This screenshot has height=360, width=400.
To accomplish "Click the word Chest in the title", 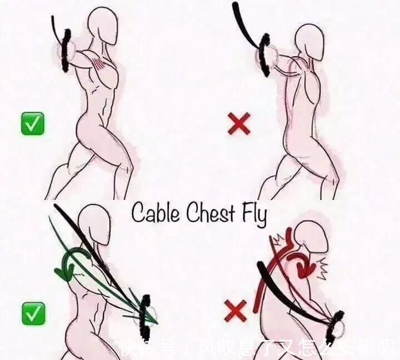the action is [x=210, y=212].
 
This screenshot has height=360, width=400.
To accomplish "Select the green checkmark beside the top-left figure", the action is [x=32, y=123].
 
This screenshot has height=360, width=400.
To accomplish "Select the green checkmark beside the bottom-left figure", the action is [x=33, y=314].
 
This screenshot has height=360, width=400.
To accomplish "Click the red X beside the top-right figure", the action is [x=239, y=124].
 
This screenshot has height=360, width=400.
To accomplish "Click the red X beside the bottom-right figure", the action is [x=235, y=311].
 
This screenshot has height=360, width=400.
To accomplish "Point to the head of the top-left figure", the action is [x=103, y=26].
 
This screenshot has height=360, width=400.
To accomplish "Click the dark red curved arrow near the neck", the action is [x=301, y=266].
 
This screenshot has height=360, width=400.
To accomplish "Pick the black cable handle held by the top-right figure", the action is [x=264, y=55].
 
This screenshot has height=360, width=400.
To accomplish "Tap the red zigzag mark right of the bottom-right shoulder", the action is [x=322, y=268].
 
